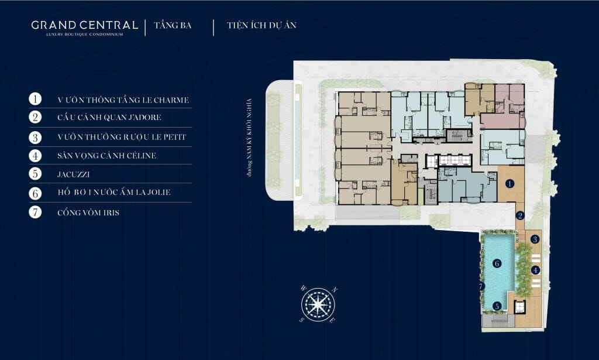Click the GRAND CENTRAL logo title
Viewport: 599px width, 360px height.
pos(84,25)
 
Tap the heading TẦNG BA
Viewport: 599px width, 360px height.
pos(173,25)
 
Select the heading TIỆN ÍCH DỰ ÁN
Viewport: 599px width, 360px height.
pos(261,25)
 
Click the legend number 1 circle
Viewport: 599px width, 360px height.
pos(35,99)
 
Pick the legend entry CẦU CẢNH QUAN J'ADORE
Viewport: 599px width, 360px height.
pos(109,117)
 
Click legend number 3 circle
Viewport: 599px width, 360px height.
pos(35,137)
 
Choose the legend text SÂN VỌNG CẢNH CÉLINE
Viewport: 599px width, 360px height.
pos(106,156)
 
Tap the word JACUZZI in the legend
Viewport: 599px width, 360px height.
pos(73,174)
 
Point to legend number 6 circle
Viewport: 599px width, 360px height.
pos(35,193)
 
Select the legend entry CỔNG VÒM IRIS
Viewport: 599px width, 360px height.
pos(88,212)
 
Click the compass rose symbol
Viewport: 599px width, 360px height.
pos(318,304)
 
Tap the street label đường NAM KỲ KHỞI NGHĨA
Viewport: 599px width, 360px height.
pos(249,137)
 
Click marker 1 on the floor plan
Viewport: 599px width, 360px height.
pos(510,184)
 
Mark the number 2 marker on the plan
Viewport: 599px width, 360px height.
pos(519,215)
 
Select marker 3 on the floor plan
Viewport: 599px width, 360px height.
pos(535,239)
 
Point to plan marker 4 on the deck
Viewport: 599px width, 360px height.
pos(535,270)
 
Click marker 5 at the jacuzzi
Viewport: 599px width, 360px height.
pos(497,306)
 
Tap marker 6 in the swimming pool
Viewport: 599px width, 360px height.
pos(497,263)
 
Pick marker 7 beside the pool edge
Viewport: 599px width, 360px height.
pos(481,286)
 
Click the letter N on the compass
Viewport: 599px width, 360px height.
pos(335,290)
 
